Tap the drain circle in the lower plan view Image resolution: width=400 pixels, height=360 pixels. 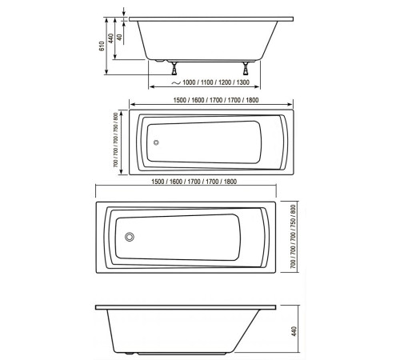(130, 237)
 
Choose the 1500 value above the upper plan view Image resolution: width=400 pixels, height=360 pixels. (182, 100)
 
